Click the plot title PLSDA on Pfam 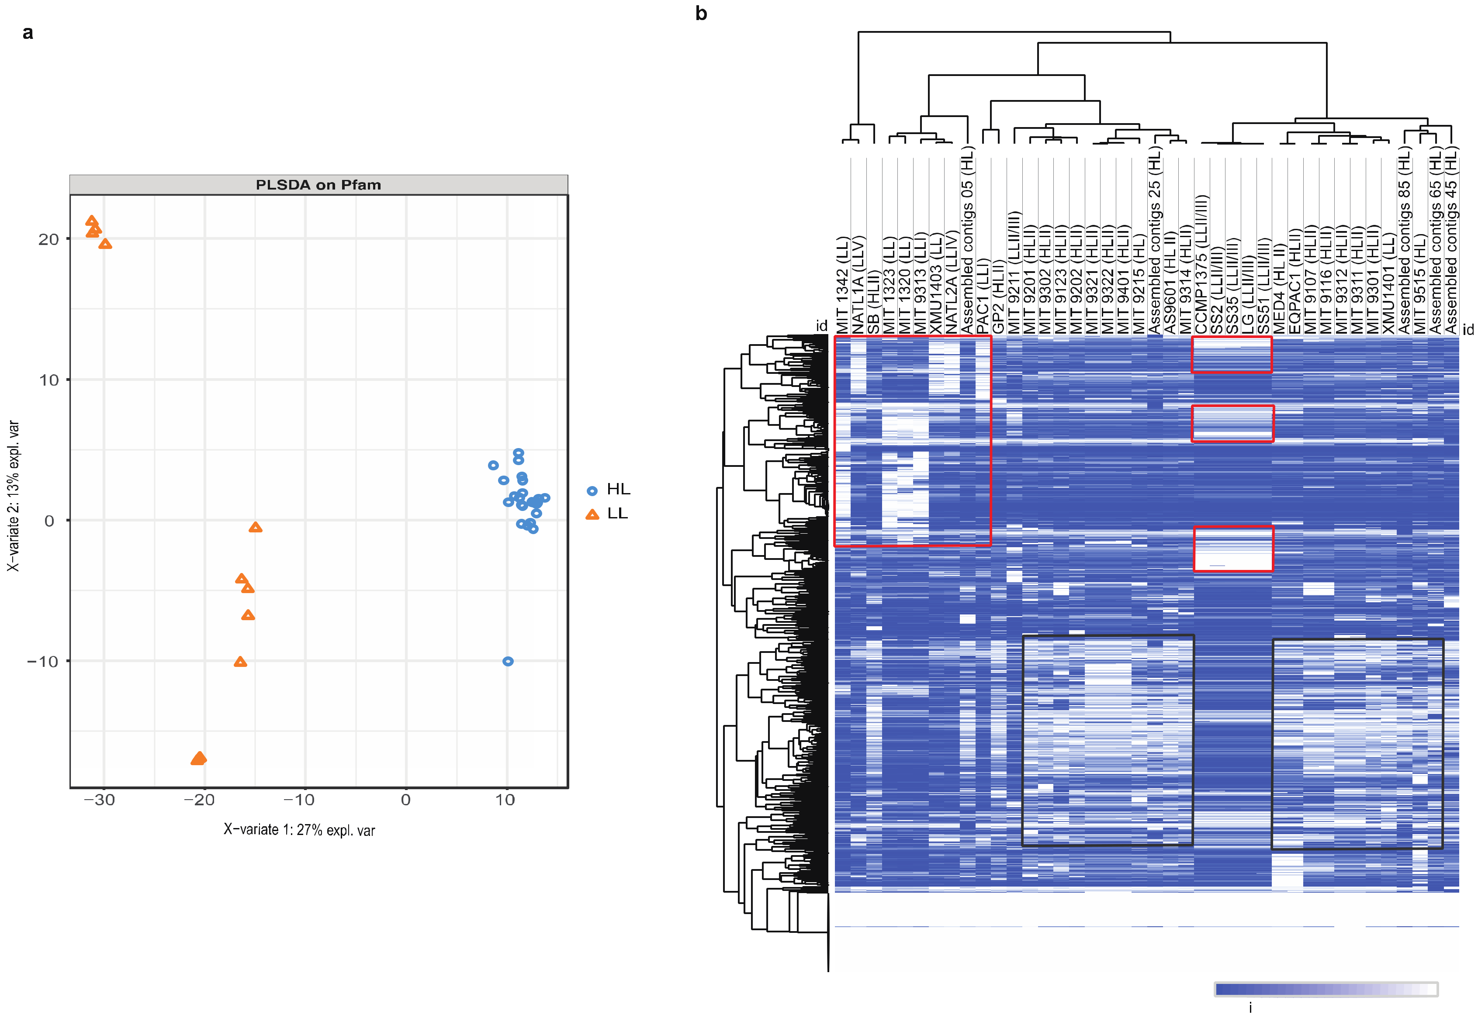(x=318, y=185)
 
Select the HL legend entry (x=609, y=489)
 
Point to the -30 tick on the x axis (x=100, y=800)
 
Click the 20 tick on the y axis (x=48, y=240)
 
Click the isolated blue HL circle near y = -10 (x=508, y=662)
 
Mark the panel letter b (x=701, y=14)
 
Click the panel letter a (x=28, y=33)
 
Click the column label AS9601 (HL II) (x=1170, y=281)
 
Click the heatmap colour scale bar (x=1326, y=989)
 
